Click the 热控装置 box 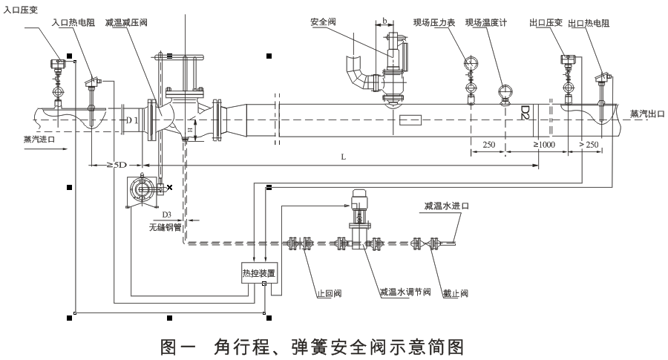pyautogui.click(x=258, y=272)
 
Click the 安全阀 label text pyautogui.click(x=324, y=23)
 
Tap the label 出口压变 pyautogui.click(x=546, y=23)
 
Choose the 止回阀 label pyautogui.click(x=328, y=294)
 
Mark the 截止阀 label pyautogui.click(x=454, y=294)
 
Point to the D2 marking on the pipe pyautogui.click(x=525, y=112)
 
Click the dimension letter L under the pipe pyautogui.click(x=343, y=157)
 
